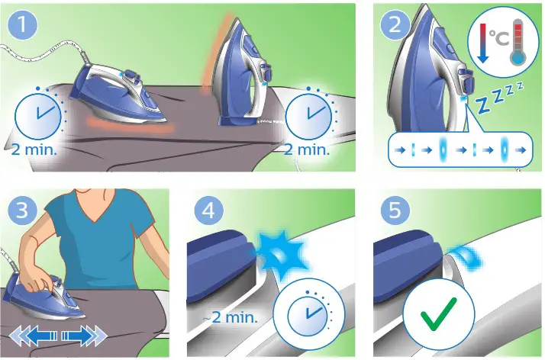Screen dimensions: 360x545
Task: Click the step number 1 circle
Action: pos(26,24)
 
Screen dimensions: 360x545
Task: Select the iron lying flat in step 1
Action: pos(122,95)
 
